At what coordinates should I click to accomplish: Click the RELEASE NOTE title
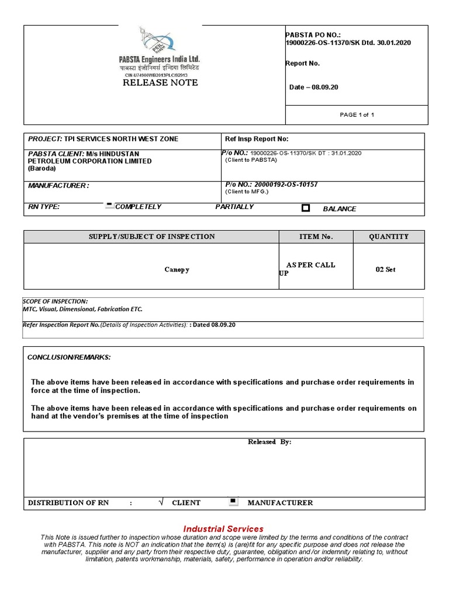tap(160, 83)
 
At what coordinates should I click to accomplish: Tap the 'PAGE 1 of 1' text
tap(357, 114)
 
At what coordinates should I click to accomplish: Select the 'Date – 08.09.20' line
tap(314, 87)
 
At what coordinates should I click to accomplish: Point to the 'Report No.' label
tap(302, 64)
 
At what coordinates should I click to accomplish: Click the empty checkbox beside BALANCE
tap(305, 208)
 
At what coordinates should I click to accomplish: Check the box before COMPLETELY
tap(109, 206)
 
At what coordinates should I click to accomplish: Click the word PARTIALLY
tap(234, 207)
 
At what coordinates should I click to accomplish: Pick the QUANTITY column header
tap(389, 237)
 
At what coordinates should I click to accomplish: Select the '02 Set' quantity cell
tap(385, 269)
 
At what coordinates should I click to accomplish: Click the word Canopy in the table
tap(176, 270)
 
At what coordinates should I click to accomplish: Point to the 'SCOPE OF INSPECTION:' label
tap(55, 301)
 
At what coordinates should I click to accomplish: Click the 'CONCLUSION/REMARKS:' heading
tap(69, 357)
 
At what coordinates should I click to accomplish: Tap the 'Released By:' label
tap(270, 442)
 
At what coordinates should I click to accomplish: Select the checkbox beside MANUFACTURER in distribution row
tap(232, 501)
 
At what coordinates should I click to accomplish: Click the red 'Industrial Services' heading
tap(223, 529)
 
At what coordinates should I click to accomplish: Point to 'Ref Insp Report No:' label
tap(257, 139)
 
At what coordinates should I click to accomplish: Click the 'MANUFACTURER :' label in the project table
tap(59, 186)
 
